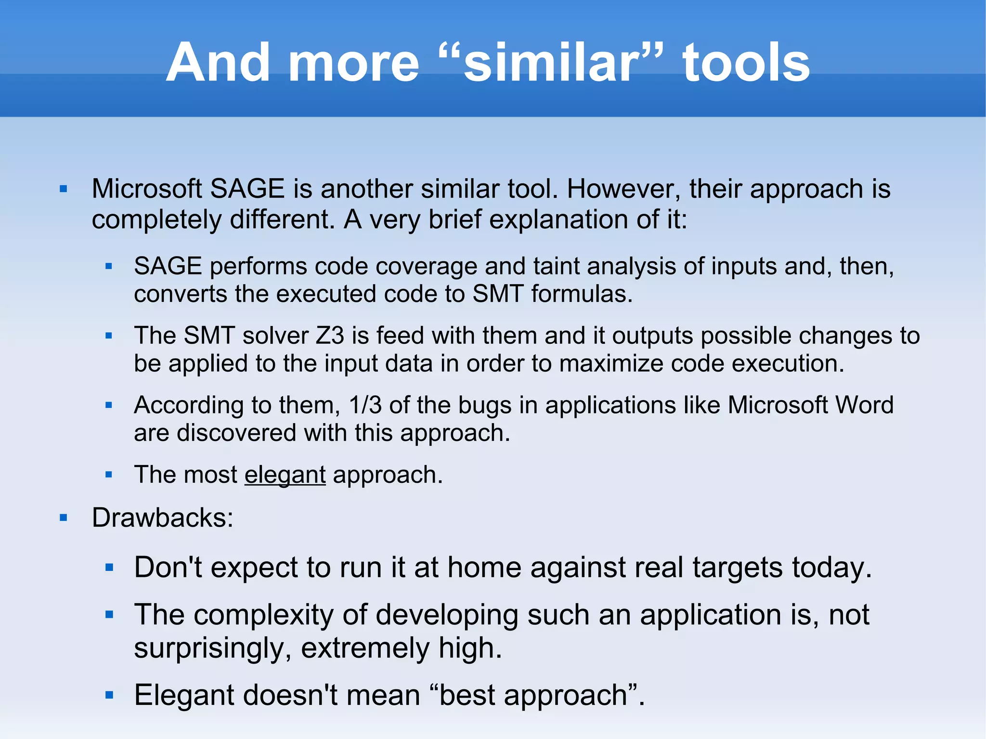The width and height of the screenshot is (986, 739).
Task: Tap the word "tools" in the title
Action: (746, 63)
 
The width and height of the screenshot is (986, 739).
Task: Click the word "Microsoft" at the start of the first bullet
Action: (147, 189)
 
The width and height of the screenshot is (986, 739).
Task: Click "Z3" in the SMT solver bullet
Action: (330, 336)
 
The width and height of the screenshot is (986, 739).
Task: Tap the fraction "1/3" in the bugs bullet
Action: (365, 405)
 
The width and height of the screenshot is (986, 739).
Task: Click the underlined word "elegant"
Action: (285, 475)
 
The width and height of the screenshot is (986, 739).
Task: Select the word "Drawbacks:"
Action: (163, 518)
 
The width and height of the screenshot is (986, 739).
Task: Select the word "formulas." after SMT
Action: (582, 294)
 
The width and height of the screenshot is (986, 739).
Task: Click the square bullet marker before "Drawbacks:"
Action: (64, 518)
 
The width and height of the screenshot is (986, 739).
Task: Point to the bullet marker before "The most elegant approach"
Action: (109, 475)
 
